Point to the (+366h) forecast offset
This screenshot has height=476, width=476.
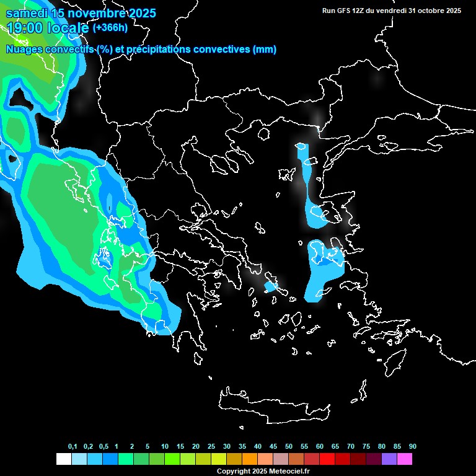[x=111, y=28]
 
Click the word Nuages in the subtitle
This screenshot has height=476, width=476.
[x=25, y=50]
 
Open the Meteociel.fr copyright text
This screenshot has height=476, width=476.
[x=262, y=472]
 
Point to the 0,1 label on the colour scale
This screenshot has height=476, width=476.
[x=73, y=447]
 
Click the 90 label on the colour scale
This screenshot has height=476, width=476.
[x=413, y=447]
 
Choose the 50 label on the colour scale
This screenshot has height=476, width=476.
[x=289, y=447]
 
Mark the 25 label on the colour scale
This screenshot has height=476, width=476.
[x=211, y=447]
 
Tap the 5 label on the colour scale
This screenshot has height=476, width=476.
[x=147, y=447]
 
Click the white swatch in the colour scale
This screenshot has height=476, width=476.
[x=63, y=459]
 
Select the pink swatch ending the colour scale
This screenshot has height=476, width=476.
[x=405, y=459]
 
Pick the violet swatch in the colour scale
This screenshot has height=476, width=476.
[x=389, y=459]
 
